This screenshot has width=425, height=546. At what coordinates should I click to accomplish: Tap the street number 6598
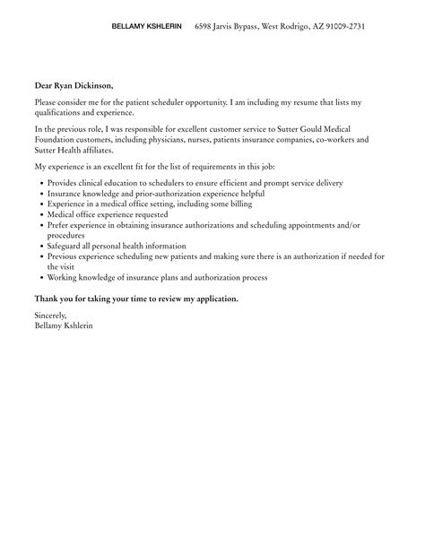205,28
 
